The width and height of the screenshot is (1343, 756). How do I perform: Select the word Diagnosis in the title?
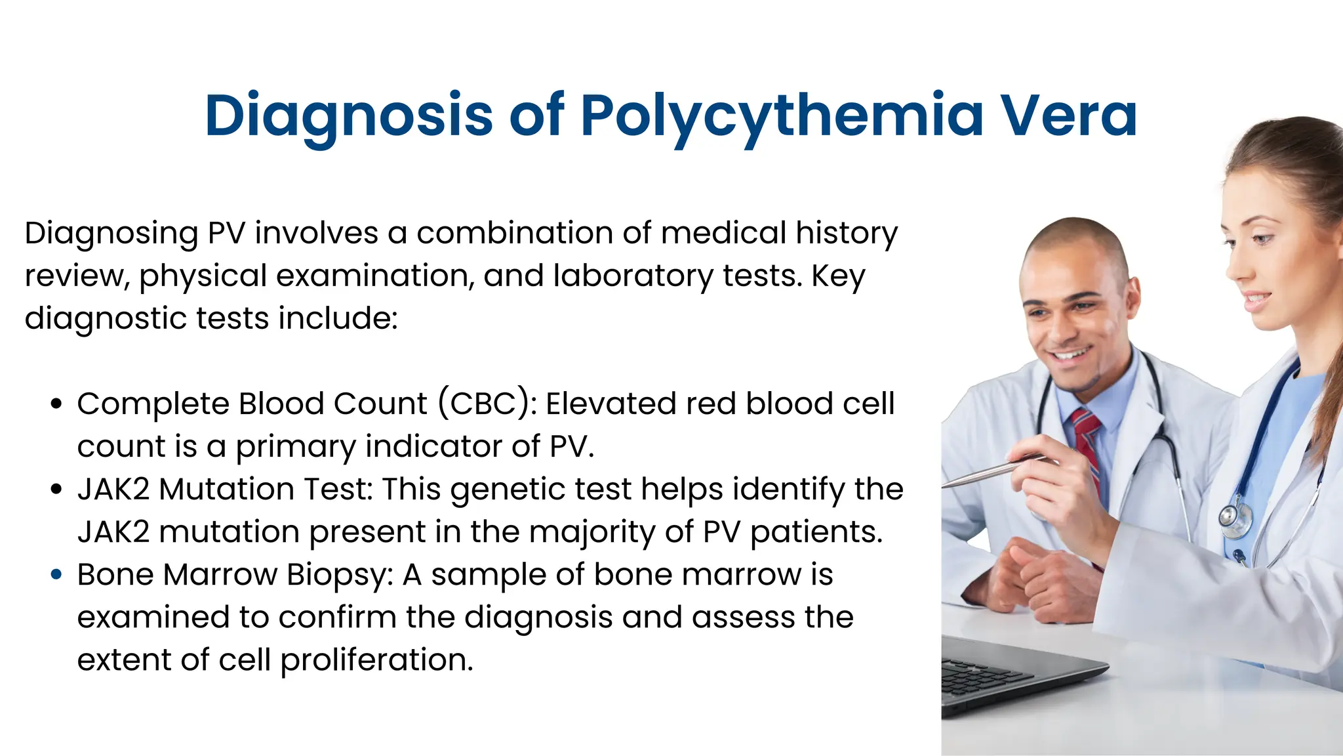[348, 117]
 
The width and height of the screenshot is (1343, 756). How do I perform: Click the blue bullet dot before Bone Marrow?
[56, 575]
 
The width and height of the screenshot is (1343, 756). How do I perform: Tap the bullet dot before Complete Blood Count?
[56, 404]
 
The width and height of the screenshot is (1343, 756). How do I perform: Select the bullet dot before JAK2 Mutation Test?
[56, 490]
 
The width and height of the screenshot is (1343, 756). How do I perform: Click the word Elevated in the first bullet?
[611, 404]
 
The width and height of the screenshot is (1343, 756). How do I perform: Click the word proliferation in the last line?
[376, 660]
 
